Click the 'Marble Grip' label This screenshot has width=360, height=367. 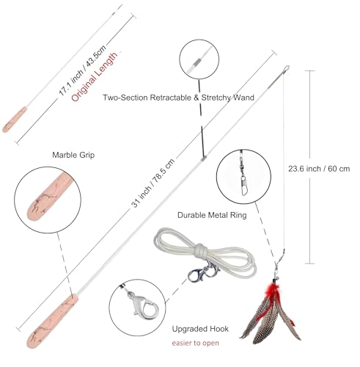(x=73, y=155)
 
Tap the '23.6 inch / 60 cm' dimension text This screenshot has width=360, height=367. (x=319, y=169)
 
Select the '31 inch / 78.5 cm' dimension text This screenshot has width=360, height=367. (x=153, y=183)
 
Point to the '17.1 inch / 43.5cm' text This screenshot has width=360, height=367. (x=82, y=70)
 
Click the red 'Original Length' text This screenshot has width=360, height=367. (x=95, y=76)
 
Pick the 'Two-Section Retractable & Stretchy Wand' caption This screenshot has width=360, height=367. (x=178, y=98)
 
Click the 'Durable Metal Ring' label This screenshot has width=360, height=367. (x=212, y=215)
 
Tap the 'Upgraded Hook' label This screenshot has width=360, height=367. (x=200, y=329)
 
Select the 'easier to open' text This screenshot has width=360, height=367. (x=196, y=343)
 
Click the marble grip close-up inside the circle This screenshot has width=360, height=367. (x=50, y=196)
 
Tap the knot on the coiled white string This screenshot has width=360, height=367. (x=200, y=250)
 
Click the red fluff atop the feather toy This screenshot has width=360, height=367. (x=273, y=291)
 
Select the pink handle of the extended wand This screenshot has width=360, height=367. (x=52, y=321)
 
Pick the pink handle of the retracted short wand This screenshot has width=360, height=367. (x=15, y=120)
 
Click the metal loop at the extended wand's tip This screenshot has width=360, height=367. (x=287, y=69)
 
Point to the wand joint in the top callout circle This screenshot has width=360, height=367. (x=196, y=62)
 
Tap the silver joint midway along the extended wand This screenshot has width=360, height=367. (x=204, y=158)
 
